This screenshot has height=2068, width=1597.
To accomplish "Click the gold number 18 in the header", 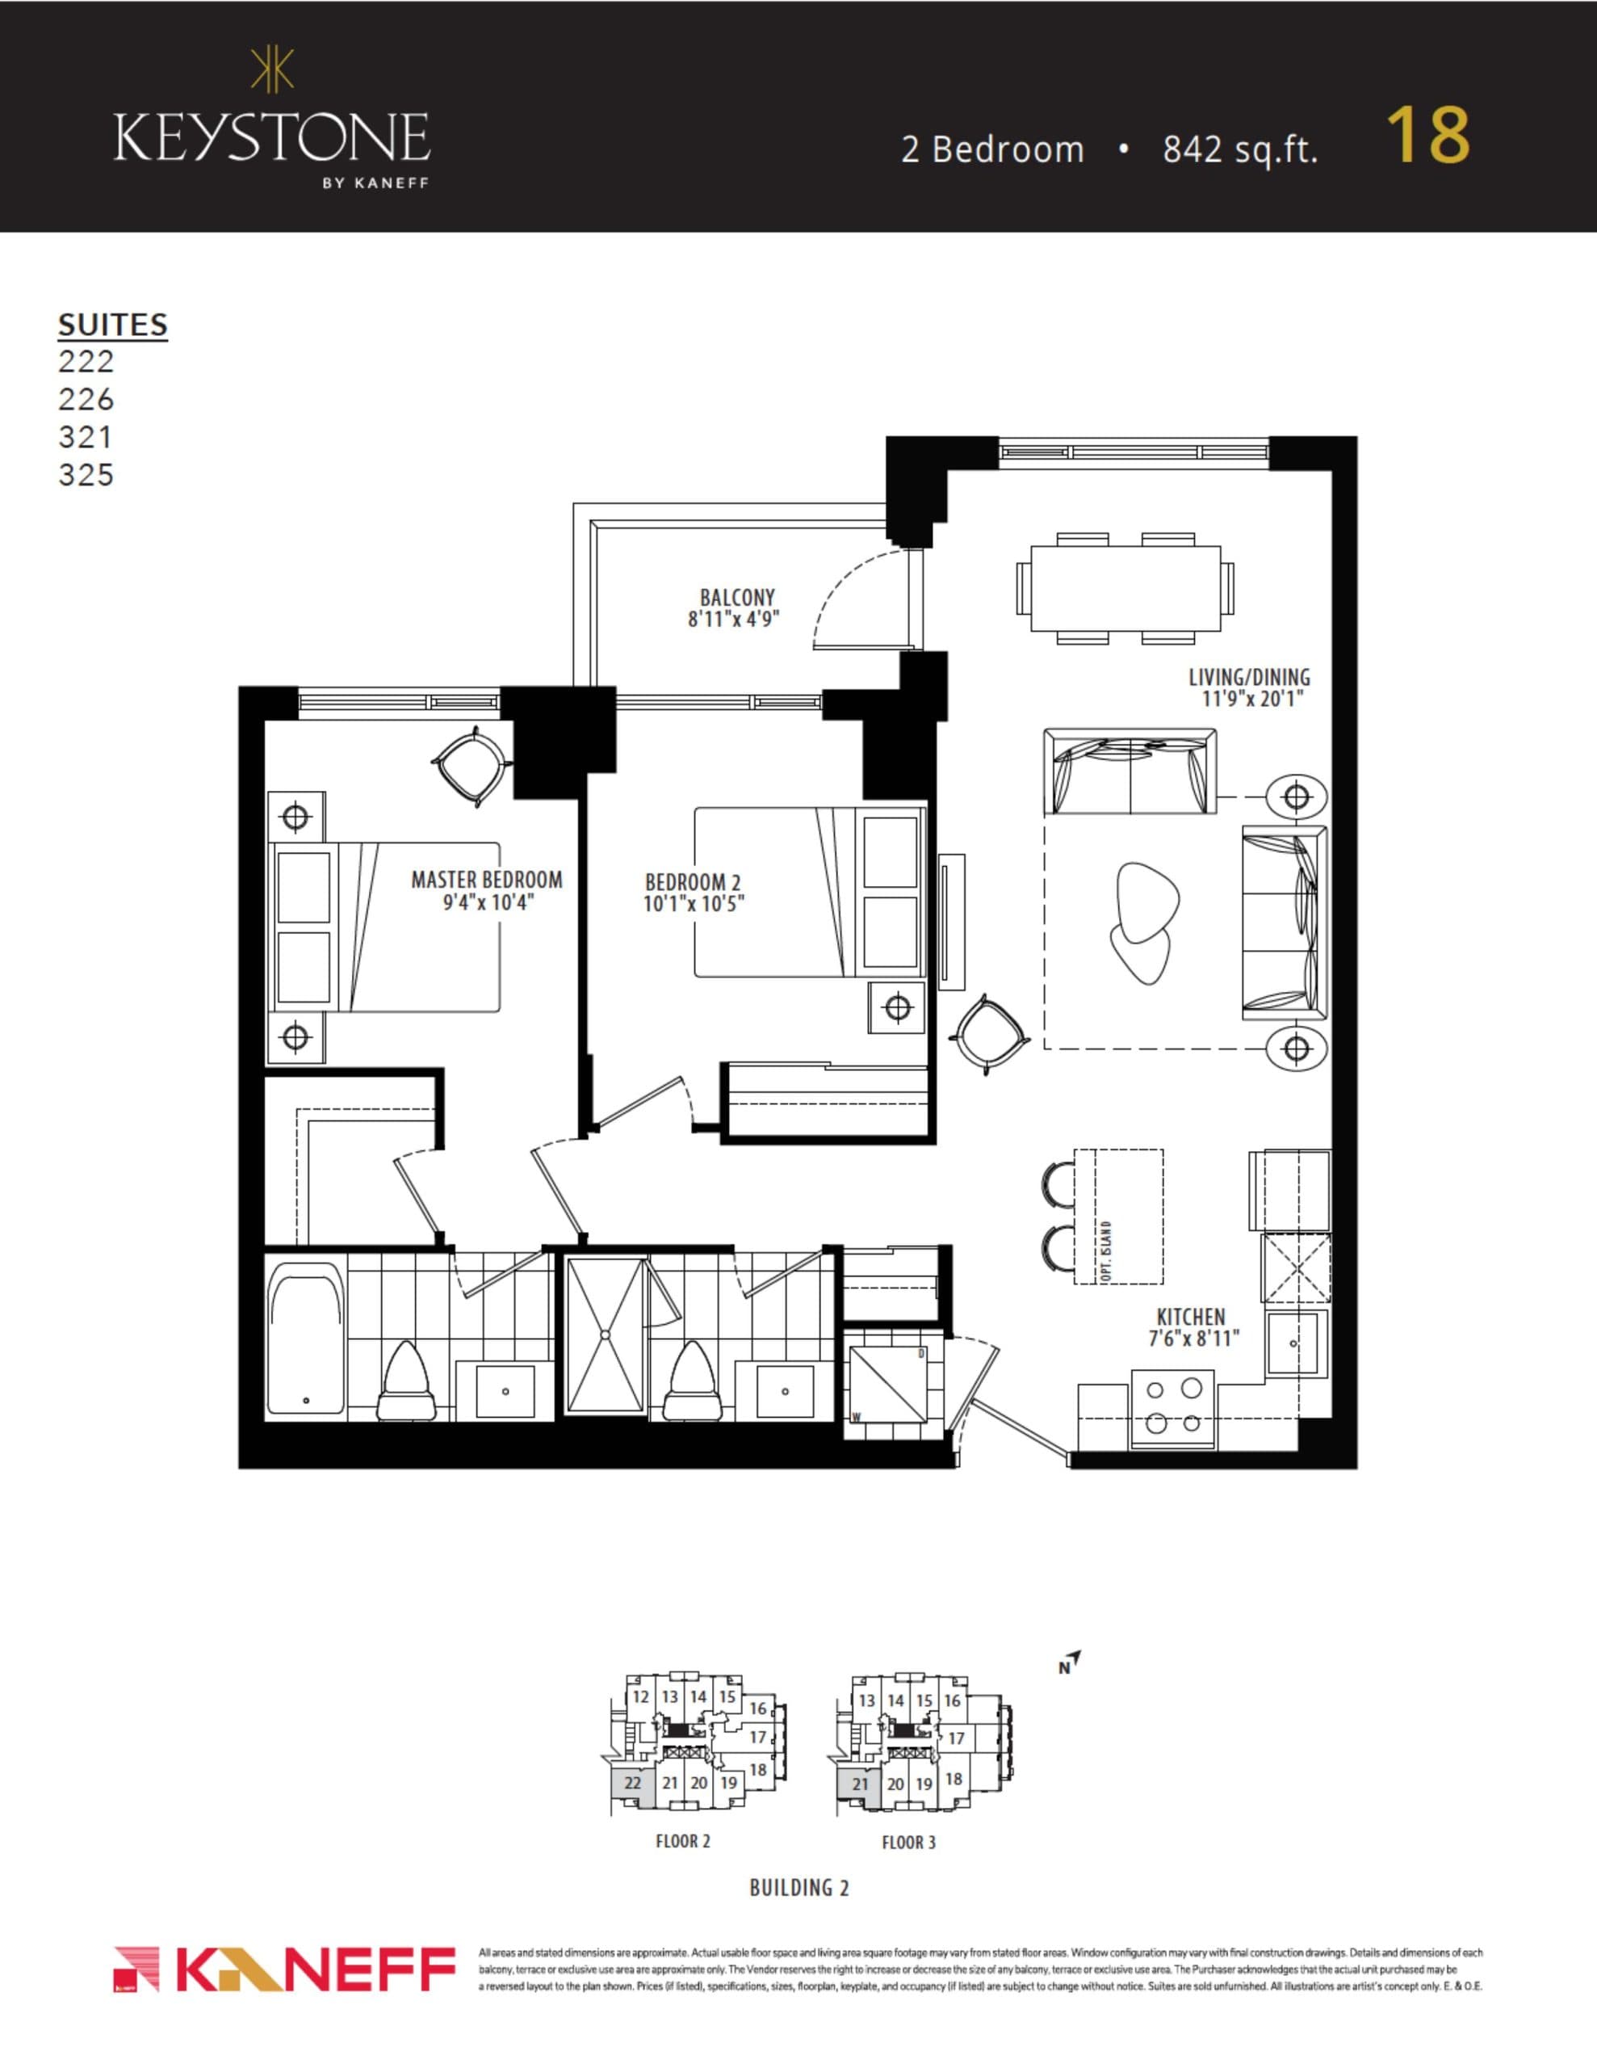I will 1427,136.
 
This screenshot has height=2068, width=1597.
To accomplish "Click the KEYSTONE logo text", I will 272,138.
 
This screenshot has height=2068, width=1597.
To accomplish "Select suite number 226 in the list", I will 86,398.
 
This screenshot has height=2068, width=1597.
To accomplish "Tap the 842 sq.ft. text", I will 1239,149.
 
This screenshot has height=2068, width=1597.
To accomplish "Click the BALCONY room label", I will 736,598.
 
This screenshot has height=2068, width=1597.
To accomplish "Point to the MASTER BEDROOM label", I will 487,880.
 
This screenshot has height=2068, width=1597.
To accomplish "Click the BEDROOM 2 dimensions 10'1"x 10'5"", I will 694,904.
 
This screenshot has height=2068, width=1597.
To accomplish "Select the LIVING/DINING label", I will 1249,677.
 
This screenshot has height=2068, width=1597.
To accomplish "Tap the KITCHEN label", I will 1191,1317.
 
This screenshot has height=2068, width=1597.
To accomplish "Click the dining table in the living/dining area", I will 1125,588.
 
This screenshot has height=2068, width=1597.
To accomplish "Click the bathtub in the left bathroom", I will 305,1335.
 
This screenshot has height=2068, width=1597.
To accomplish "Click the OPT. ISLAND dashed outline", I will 1119,1217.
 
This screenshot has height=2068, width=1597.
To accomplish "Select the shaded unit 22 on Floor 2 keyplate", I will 632,1783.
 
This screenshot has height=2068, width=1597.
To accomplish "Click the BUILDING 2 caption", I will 799,1887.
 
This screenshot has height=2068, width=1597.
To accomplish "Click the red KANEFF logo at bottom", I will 284,1970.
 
